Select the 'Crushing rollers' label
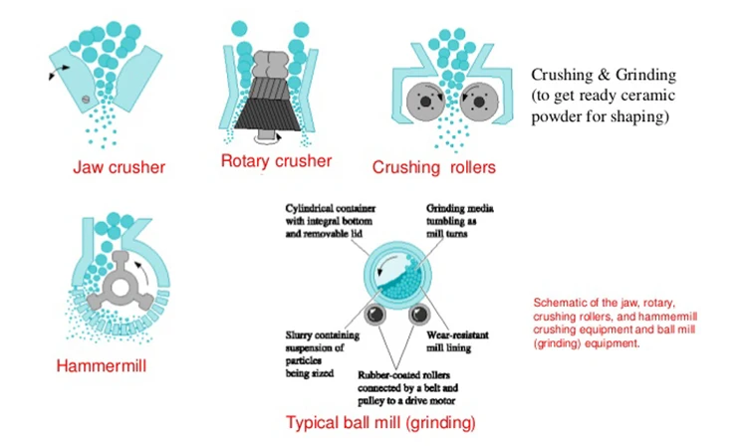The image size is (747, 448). point(433,168)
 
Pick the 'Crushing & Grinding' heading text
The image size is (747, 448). point(605,76)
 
